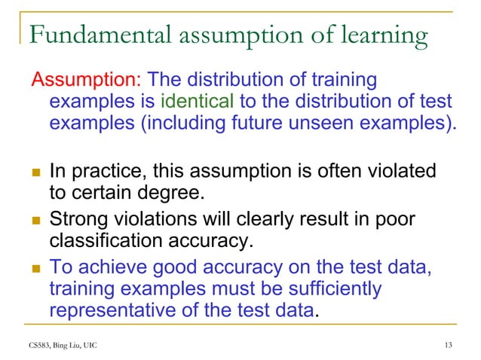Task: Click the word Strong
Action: pyautogui.click(x=77, y=221)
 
